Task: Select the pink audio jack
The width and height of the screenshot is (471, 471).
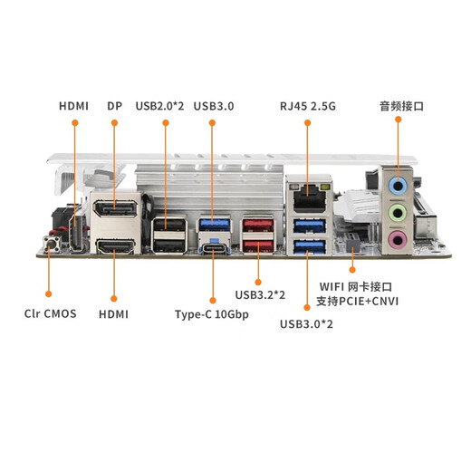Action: pos(395,240)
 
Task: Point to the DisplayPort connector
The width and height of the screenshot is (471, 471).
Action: pos(115,212)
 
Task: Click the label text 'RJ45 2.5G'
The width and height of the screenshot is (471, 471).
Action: pos(308,106)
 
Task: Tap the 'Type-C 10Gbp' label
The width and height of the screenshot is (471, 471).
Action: pos(211,315)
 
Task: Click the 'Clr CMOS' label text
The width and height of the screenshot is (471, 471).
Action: pos(50,315)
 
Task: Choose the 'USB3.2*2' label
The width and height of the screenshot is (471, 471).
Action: pos(260,294)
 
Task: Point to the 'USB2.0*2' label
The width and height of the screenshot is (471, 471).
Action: pos(159,106)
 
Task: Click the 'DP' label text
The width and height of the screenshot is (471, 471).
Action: pos(114,106)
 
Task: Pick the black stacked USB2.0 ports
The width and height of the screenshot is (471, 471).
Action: pos(166,234)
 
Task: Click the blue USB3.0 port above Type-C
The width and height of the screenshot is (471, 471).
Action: pos(211,225)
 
